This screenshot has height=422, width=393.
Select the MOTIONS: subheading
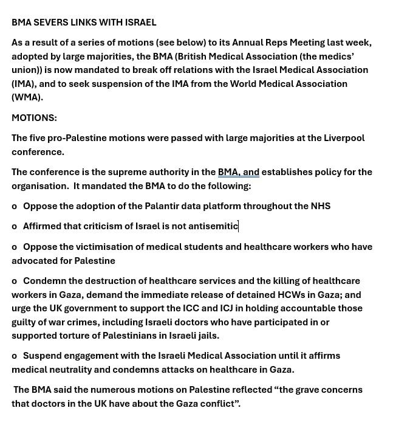[x=34, y=118]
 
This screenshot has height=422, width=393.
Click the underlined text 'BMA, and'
[x=238, y=172]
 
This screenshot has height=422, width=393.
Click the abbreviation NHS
[x=320, y=206]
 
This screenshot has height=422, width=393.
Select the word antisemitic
[x=213, y=226]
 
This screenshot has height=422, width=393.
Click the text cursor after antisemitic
[x=239, y=226]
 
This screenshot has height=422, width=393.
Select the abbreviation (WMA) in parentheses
[x=27, y=97]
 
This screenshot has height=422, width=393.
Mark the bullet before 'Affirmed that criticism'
[x=15, y=227]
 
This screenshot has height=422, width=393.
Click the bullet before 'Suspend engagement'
[x=15, y=356]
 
